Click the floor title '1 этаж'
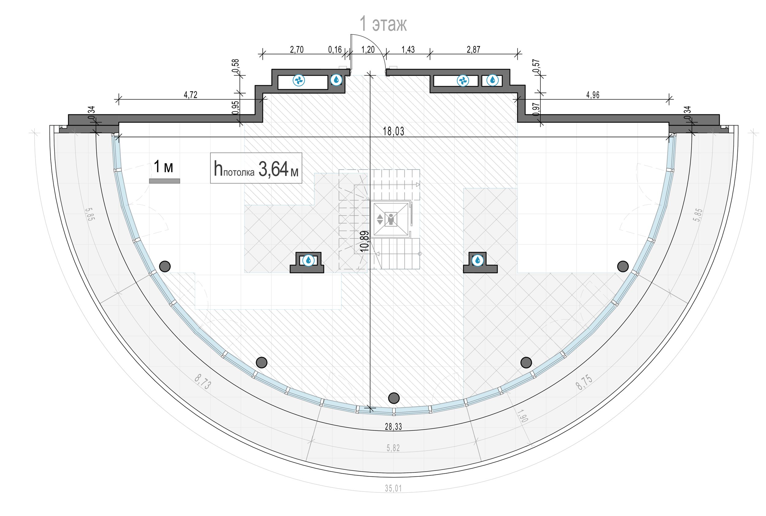383,24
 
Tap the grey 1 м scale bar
165,181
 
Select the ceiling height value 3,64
273,169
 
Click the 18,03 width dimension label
393,131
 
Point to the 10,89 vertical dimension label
364,241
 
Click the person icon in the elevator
391,219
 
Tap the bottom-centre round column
394,398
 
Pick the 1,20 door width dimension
368,50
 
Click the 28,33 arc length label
393,427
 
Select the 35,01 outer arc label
393,488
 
